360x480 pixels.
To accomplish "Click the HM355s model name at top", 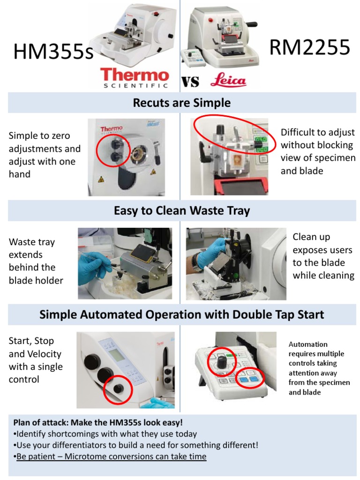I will (53, 52).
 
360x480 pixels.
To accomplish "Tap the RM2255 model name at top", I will (310, 47).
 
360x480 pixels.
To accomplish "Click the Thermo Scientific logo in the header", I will (135, 78).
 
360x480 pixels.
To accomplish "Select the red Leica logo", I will (228, 81).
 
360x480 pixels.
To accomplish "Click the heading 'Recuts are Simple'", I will (181, 103).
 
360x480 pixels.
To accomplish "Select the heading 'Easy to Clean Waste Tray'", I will (181, 211).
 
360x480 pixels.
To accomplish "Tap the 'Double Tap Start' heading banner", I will (181, 314).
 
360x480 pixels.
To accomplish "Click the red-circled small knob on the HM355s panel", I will (118, 389).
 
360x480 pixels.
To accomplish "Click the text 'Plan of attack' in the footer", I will (36, 421).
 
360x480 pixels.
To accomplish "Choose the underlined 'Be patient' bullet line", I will (111, 456).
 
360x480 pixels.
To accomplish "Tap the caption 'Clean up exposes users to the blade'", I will (323, 256).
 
